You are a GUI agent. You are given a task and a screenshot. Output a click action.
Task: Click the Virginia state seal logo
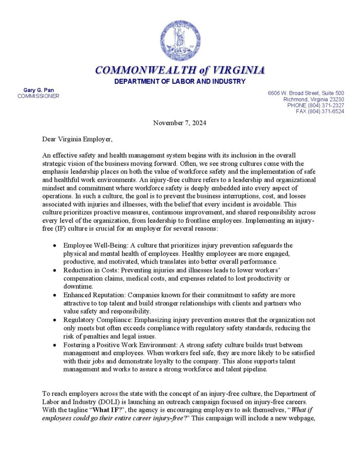pyautogui.click(x=180, y=41)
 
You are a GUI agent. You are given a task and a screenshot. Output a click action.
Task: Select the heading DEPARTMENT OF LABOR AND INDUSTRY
pyautogui.click(x=180, y=81)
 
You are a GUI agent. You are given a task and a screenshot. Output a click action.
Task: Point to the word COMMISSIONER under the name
pyautogui.click(x=38, y=96)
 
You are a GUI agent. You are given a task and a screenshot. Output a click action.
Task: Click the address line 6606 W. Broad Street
pyautogui.click(x=306, y=93)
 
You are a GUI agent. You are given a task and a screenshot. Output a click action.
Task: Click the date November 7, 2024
pyautogui.click(x=180, y=123)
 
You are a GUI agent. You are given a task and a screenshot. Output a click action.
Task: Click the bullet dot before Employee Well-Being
pyautogui.click(x=55, y=246)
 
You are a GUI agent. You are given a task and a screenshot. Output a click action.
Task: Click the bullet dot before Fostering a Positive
pyautogui.click(x=55, y=344)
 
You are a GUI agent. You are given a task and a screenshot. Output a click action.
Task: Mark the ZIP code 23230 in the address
pyautogui.click(x=336, y=99)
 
